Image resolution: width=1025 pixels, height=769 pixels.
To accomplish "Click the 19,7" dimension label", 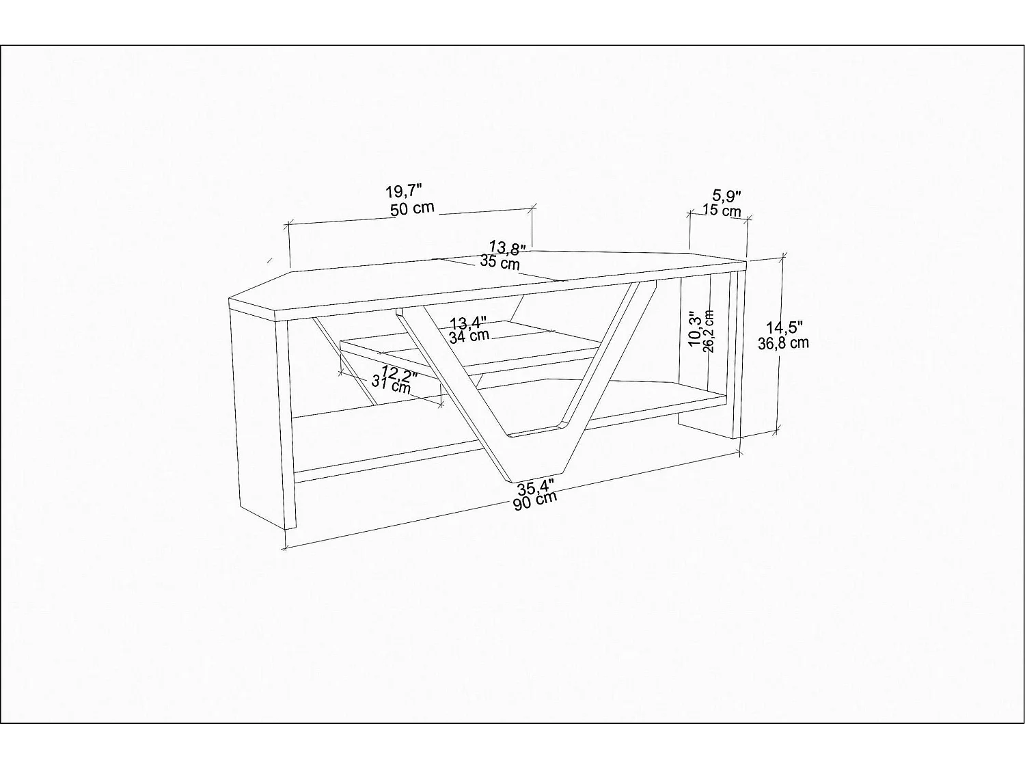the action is (x=404, y=191).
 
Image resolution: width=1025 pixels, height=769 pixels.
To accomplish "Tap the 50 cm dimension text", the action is (x=412, y=208).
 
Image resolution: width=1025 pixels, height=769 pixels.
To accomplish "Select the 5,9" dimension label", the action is (x=727, y=195).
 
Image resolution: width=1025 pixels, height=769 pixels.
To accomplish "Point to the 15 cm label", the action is (x=722, y=211).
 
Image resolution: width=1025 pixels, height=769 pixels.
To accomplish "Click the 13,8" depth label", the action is (x=508, y=248).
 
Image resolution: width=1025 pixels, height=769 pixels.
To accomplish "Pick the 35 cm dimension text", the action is (x=500, y=263).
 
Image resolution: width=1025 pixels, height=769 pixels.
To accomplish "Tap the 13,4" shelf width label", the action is (x=468, y=323).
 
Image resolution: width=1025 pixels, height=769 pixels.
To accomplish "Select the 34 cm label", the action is (x=469, y=336).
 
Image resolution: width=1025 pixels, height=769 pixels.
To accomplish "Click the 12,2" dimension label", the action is (x=399, y=373).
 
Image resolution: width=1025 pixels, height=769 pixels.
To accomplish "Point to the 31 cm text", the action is (x=392, y=385).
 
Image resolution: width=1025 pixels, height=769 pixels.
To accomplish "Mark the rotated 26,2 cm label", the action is (x=709, y=331).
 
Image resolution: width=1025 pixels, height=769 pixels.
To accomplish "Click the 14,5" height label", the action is (x=784, y=327).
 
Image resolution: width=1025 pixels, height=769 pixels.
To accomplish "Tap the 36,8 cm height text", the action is (x=783, y=343).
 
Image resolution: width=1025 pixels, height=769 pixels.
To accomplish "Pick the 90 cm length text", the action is (x=535, y=500).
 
